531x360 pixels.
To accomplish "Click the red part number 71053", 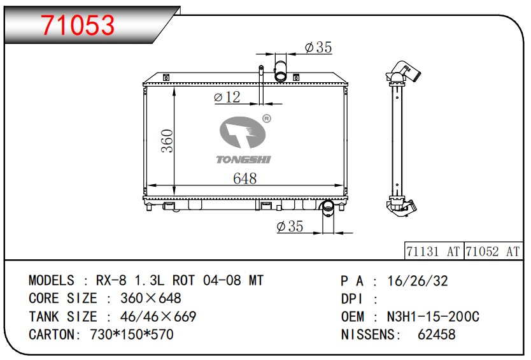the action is tap(78, 25).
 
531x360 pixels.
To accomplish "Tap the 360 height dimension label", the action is tap(167, 141).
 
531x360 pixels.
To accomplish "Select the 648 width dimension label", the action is tap(244, 178).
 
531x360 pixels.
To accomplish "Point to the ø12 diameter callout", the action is tap(227, 97).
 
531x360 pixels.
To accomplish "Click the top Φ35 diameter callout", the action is tap(318, 47).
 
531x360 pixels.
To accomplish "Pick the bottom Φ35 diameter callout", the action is tap(290, 226).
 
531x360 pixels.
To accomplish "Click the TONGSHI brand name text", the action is tap(243, 159).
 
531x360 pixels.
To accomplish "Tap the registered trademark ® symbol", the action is tap(267, 119).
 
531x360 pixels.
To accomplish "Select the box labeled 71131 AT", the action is tap(434, 251).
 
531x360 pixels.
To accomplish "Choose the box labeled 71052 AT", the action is tap(493, 251).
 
